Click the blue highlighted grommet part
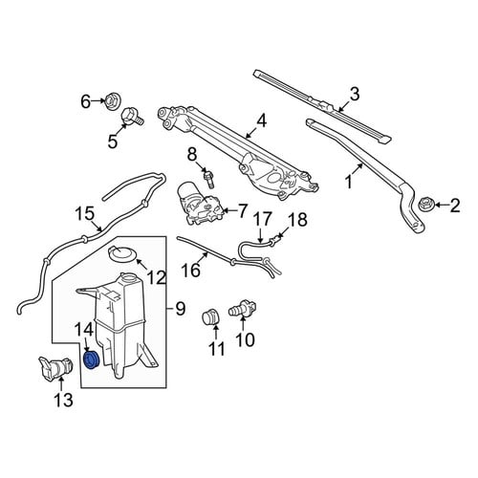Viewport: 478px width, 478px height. pyautogui.click(x=92, y=359)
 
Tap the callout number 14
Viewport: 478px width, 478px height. pyautogui.click(x=84, y=330)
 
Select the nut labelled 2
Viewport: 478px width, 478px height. pyautogui.click(x=424, y=205)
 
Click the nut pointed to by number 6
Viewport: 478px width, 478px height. pyautogui.click(x=113, y=100)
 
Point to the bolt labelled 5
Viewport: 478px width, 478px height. pyautogui.click(x=132, y=118)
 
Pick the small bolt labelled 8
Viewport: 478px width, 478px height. pyautogui.click(x=208, y=180)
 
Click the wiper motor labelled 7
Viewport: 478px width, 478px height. pyautogui.click(x=199, y=204)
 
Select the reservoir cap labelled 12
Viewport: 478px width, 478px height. pyautogui.click(x=121, y=254)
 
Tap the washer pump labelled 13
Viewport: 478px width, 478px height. pyautogui.click(x=55, y=369)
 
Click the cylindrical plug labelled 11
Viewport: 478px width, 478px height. pyautogui.click(x=210, y=316)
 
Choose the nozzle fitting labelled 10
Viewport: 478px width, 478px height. pyautogui.click(x=243, y=309)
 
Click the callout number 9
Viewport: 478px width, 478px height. pyautogui.click(x=181, y=309)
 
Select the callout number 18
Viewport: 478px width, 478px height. pyautogui.click(x=297, y=219)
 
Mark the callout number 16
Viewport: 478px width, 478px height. pyautogui.click(x=191, y=271)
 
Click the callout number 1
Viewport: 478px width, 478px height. pyautogui.click(x=349, y=183)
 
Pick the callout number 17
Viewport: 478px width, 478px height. pyautogui.click(x=263, y=219)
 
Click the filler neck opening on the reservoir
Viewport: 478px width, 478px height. pyautogui.click(x=129, y=276)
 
